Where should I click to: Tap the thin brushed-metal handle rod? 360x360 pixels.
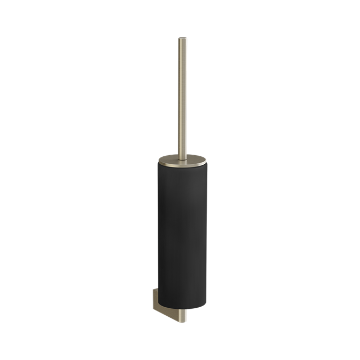coord(180,96)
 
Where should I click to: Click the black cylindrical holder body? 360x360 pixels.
coord(180,235)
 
